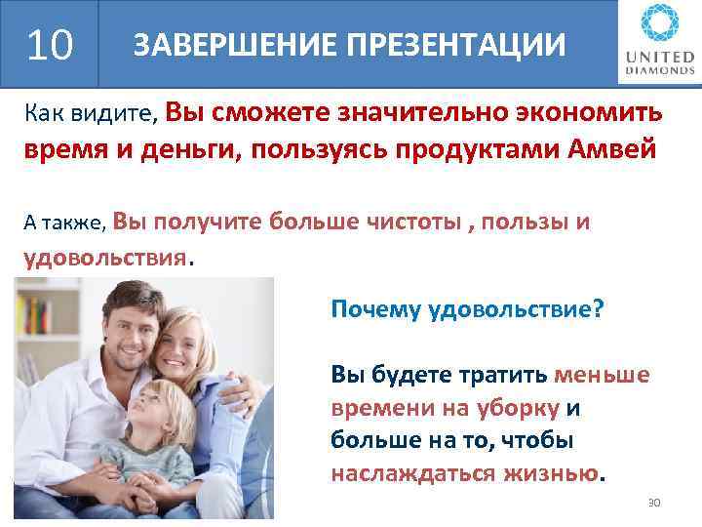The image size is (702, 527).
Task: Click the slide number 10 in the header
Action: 50,44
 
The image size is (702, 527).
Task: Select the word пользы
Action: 519,222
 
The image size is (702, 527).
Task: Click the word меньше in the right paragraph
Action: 602,375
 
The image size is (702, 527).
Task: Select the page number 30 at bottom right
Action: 654,502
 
